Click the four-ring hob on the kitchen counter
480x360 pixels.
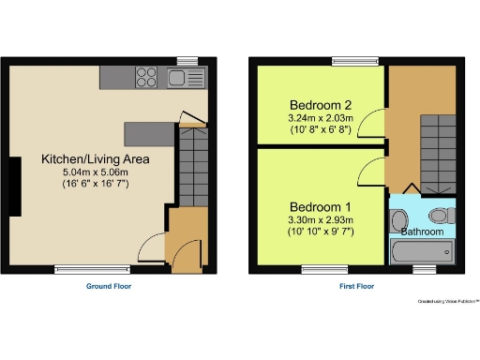click(x=147, y=77)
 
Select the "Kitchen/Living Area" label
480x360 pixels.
click(x=95, y=159)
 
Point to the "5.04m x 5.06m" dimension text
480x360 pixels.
click(x=95, y=172)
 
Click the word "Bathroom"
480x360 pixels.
click(x=422, y=232)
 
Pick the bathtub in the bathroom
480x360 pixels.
click(x=422, y=251)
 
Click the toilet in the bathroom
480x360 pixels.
click(x=448, y=216)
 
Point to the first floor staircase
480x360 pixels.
click(x=433, y=151)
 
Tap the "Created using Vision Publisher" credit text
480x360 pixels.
click(x=448, y=301)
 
